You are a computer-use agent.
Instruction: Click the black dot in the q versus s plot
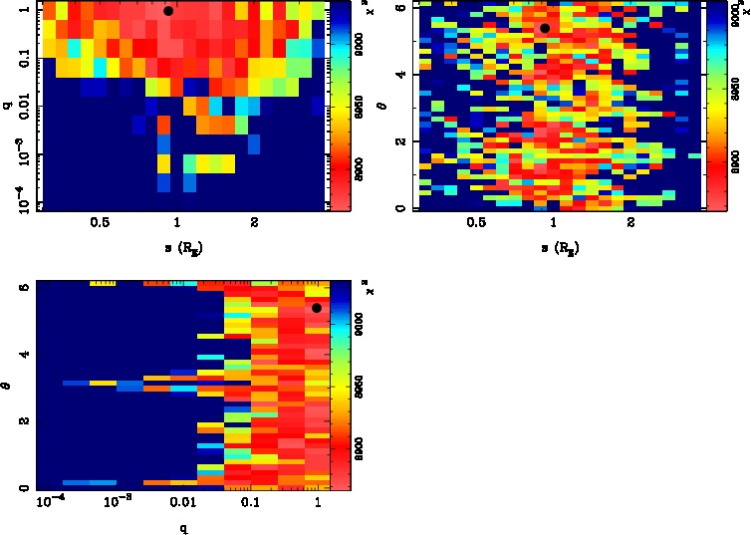click(168, 11)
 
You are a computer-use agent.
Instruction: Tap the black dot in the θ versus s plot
click(545, 28)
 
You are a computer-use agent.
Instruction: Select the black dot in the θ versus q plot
click(317, 308)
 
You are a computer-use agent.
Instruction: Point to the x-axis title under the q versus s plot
click(176, 246)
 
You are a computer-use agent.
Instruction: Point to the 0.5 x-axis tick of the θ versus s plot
click(476, 225)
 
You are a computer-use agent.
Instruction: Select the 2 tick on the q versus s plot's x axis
click(255, 225)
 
